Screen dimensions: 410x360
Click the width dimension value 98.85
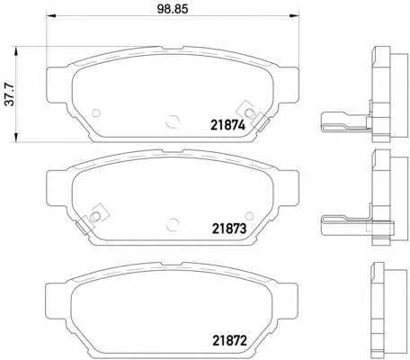173,9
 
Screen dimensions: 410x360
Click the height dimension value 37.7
11,94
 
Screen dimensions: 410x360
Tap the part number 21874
228,125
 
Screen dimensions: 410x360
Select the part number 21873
229,229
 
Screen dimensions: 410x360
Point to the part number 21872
229,340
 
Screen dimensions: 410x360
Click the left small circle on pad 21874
96,113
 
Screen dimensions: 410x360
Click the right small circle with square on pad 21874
248,112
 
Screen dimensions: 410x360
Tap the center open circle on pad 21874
173,121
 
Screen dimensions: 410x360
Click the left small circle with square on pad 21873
95,216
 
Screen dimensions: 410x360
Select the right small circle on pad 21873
249,216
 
